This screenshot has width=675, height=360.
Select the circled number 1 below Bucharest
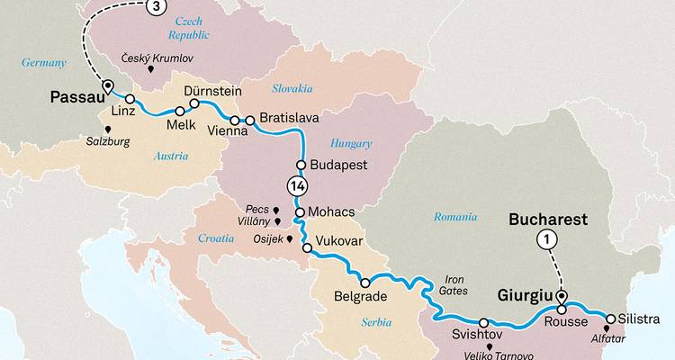546,239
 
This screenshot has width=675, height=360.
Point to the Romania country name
454,217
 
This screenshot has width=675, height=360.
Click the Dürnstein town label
213,91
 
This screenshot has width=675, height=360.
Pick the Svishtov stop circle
484,322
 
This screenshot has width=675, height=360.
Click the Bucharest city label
548,219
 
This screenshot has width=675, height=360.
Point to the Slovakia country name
292,88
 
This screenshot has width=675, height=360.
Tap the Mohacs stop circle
301,212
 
